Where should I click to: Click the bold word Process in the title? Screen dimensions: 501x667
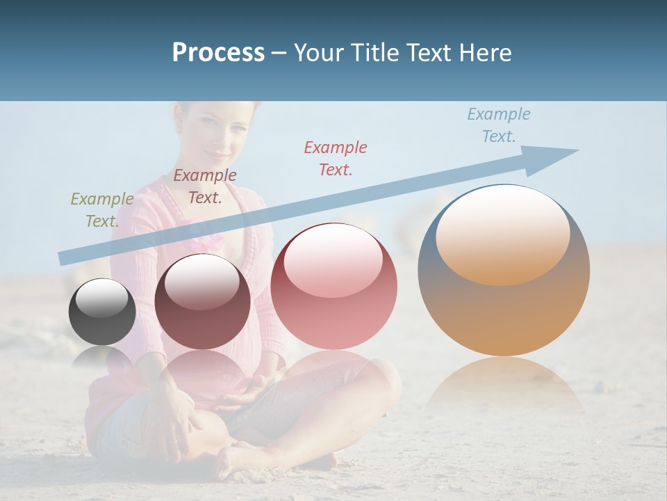(218, 53)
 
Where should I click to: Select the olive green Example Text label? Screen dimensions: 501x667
(101, 209)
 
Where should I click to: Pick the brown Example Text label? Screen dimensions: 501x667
(205, 186)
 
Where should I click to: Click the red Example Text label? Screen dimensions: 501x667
(336, 158)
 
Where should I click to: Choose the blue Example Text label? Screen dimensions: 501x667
(499, 125)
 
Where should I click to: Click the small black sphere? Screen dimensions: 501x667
(102, 312)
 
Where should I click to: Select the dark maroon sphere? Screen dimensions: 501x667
(202, 302)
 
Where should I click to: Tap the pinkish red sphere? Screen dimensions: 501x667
(333, 287)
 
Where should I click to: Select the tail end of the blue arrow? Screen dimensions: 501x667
(64, 257)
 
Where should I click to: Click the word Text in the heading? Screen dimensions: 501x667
(427, 53)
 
